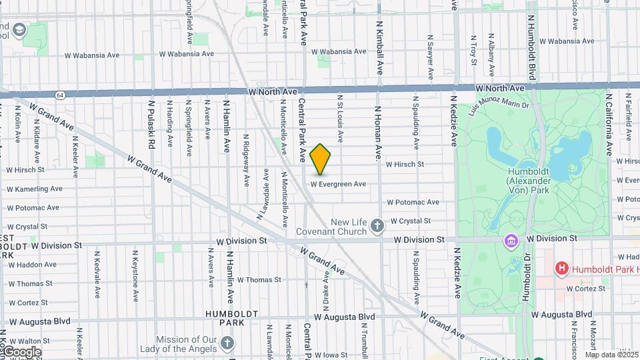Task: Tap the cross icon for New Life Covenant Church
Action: tap(377, 225)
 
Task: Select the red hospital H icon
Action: tap(562, 269)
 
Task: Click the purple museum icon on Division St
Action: tap(511, 239)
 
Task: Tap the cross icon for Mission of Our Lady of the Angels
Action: tap(227, 343)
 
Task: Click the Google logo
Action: tap(21, 351)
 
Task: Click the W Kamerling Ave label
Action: tap(34, 189)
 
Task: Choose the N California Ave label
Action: tap(609, 123)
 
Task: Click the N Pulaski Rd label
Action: tap(151, 124)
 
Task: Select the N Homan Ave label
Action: tap(377, 134)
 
